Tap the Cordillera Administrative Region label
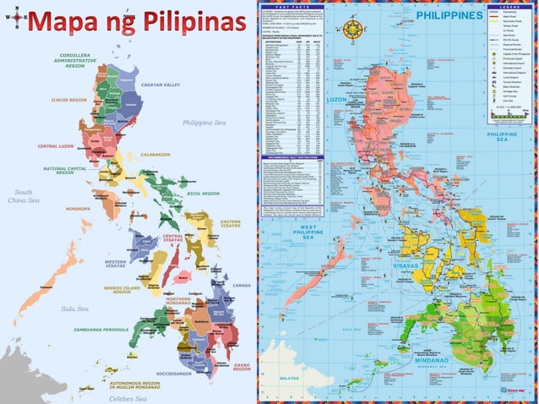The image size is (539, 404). click(x=75, y=61)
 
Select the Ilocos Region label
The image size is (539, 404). click(x=67, y=100)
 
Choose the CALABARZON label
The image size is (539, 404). click(x=155, y=155)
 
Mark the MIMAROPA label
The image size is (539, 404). click(x=73, y=207)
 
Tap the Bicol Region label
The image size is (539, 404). click(x=203, y=194)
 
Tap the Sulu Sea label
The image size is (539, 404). click(x=74, y=309)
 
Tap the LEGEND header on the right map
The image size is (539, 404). click(x=508, y=5)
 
